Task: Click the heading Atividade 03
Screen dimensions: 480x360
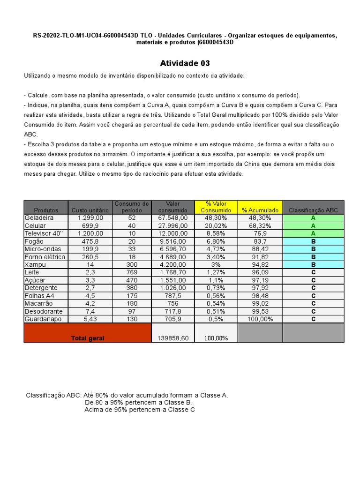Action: (x=185, y=63)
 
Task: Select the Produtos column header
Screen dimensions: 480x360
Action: (x=46, y=210)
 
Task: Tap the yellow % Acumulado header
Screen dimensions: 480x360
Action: (x=260, y=210)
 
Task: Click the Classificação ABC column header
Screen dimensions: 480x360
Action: (x=313, y=210)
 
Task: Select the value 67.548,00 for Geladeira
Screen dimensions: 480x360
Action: (x=173, y=218)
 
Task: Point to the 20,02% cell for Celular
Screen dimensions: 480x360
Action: (x=216, y=225)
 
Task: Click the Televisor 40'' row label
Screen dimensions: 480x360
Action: (x=44, y=233)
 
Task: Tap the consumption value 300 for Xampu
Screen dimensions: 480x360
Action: (x=132, y=265)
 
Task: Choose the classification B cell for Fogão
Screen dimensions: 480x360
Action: (x=313, y=241)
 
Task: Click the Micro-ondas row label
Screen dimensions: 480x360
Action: (x=43, y=249)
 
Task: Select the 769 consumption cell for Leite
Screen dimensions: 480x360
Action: (x=132, y=272)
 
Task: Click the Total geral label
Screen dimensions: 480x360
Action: (x=88, y=338)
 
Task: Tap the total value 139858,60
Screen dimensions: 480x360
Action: (x=172, y=338)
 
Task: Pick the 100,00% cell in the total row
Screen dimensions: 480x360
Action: (x=216, y=338)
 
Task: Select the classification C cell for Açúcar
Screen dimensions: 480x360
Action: (x=313, y=280)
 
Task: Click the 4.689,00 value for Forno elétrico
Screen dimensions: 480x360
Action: (x=173, y=257)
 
